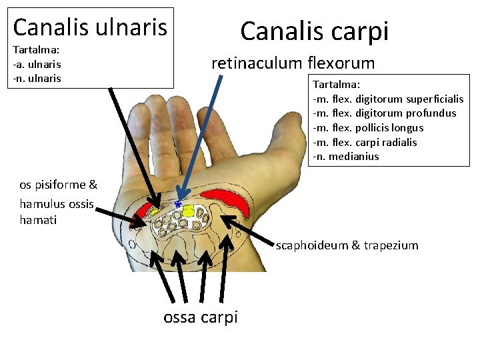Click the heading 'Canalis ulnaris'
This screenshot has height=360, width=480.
click(x=90, y=27)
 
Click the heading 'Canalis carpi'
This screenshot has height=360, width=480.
click(x=314, y=31)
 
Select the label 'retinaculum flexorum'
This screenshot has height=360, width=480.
click(x=293, y=63)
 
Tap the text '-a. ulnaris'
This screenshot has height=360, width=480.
click(x=37, y=65)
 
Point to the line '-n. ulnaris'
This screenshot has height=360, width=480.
click(x=37, y=79)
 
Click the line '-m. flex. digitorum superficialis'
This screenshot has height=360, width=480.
click(x=388, y=99)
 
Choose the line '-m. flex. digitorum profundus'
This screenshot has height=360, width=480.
click(x=384, y=113)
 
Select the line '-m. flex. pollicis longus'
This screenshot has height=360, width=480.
click(x=367, y=128)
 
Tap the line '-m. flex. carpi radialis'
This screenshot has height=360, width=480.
click(x=364, y=142)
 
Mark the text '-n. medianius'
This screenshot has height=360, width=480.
click(x=345, y=157)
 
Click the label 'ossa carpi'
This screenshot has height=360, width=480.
click(x=200, y=317)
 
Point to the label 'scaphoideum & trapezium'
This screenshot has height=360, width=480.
click(x=347, y=245)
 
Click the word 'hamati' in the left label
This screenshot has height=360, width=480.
click(x=39, y=219)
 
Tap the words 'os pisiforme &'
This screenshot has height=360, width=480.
click(x=58, y=185)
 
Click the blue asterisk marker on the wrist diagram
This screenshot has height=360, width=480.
click(x=178, y=203)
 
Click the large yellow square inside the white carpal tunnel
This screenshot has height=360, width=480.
click(x=188, y=212)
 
